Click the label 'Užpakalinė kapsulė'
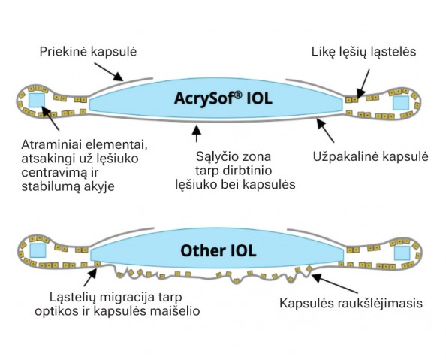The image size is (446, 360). pyautogui.click(x=370, y=156)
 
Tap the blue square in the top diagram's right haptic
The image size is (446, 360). pyautogui.click(x=401, y=101)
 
